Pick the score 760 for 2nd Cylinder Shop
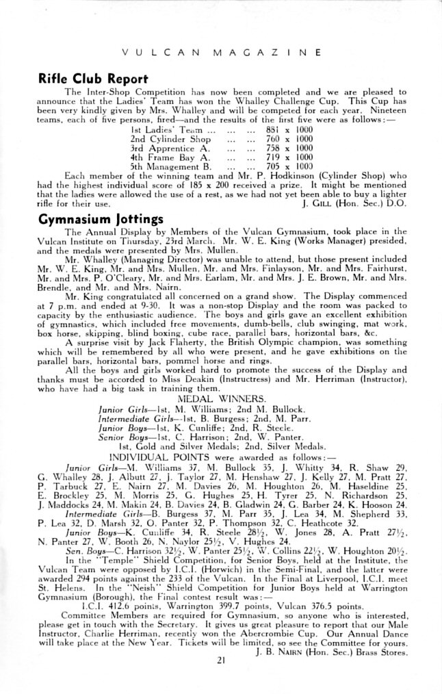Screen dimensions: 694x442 tap(273, 139)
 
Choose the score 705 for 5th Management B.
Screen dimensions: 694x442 tap(273, 166)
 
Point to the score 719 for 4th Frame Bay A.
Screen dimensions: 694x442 tap(273, 157)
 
